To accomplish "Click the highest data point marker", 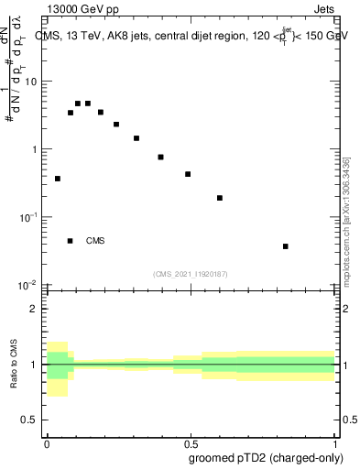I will [79, 104].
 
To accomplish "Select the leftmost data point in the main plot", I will [58, 179].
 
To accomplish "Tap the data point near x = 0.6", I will [220, 198].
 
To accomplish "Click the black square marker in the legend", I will [71, 241].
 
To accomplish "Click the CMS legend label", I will [95, 242].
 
